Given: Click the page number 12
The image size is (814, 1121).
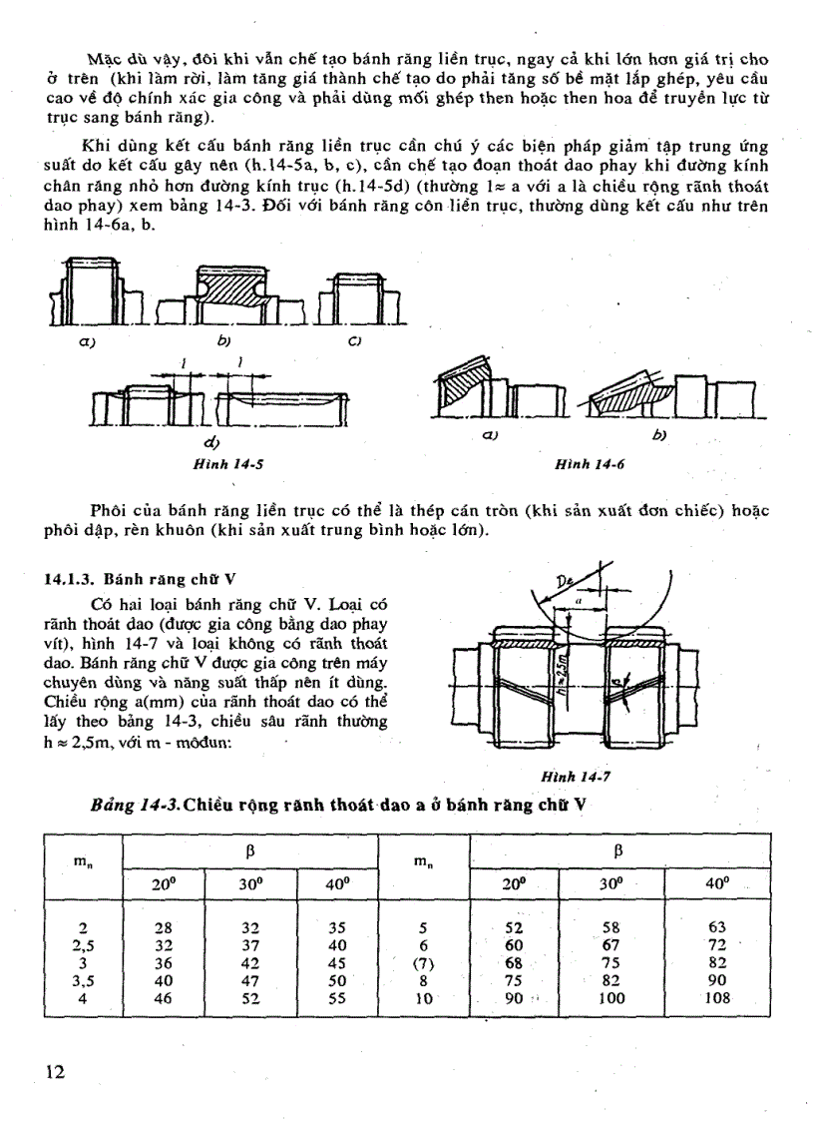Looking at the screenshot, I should click(56, 1071).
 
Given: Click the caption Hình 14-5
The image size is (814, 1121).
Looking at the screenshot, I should click(229, 464).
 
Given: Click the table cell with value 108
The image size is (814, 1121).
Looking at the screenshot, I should click(716, 996).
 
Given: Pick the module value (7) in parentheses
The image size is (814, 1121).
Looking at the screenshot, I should click(424, 962).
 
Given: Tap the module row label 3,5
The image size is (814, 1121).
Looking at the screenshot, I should click(84, 979).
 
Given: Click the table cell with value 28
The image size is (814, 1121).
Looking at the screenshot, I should click(164, 927).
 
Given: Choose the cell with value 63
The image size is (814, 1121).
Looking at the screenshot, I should click(716, 927).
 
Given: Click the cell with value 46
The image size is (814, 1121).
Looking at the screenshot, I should click(164, 996).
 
